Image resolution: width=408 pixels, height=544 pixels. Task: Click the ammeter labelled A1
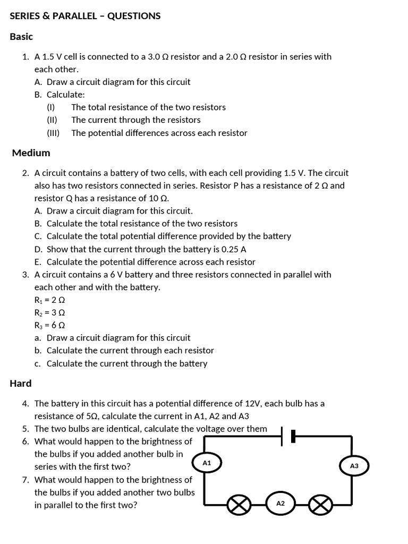tap(207, 463)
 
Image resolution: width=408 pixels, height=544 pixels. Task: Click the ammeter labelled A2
tap(281, 503)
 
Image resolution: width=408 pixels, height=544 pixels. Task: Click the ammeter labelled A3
tap(354, 466)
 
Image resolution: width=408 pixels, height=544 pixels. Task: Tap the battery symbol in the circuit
tap(287, 436)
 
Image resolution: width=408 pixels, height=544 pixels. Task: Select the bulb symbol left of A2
tap(239, 505)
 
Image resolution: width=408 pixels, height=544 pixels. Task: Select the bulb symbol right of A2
tap(320, 505)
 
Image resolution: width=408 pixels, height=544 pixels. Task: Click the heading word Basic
tap(21, 37)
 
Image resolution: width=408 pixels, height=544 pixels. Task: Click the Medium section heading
tap(31, 153)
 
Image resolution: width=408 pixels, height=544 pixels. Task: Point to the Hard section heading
tap(21, 384)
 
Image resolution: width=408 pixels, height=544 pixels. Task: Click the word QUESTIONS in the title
tap(134, 16)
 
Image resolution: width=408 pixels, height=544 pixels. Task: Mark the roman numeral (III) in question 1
tap(53, 133)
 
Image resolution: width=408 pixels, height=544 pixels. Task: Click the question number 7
tap(25, 480)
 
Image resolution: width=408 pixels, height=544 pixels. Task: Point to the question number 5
tap(25, 429)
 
